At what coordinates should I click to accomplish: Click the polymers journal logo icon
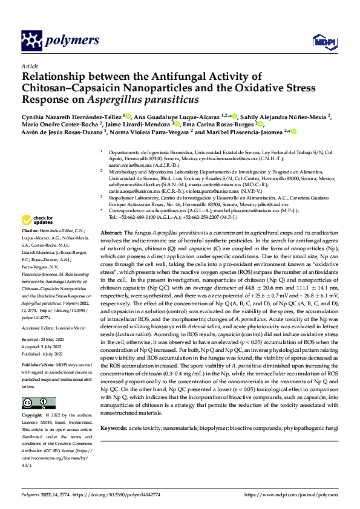pyautogui.click(x=32, y=41)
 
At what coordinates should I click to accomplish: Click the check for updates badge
pyautogui.click(x=39, y=220)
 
